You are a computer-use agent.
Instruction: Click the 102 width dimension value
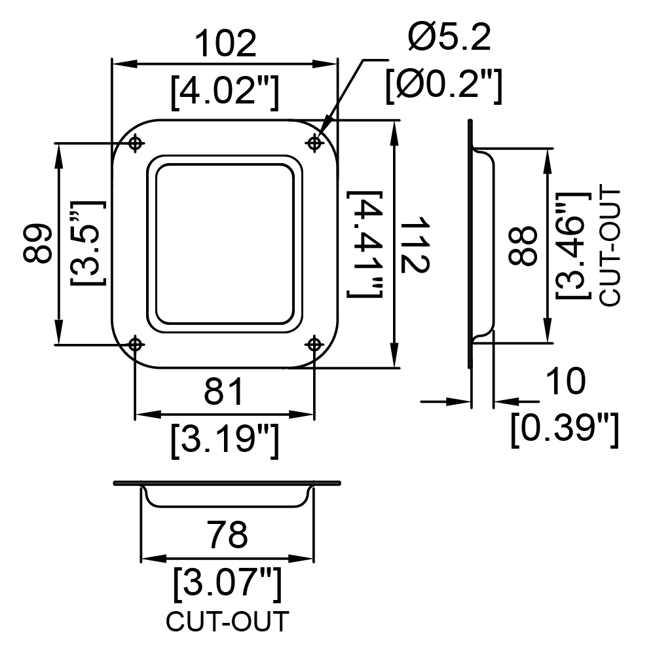pos(225,43)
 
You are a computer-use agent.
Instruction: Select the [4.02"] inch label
pos(225,92)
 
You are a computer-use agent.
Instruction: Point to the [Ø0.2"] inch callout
pos(443,86)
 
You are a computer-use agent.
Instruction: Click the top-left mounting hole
pos(134,143)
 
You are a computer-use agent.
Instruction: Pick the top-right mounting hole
pos(314,143)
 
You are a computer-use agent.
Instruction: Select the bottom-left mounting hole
pos(134,345)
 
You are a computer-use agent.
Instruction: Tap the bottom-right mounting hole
pos(314,345)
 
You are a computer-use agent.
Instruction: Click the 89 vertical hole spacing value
pos(37,244)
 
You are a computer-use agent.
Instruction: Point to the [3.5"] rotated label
pos(88,243)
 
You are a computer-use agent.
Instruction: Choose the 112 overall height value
pos(415,245)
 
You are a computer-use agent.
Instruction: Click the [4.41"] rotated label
pos(365,244)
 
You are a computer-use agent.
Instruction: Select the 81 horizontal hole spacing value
pos(223,392)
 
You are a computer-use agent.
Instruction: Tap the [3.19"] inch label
pos(225,440)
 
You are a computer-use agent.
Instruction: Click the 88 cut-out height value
pos(522,246)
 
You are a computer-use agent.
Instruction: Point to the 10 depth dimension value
pos(566,381)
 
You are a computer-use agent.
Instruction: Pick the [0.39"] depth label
pos(565,430)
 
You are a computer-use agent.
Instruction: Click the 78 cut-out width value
pos(229,534)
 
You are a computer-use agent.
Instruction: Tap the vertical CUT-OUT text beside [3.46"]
pos(610,248)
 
